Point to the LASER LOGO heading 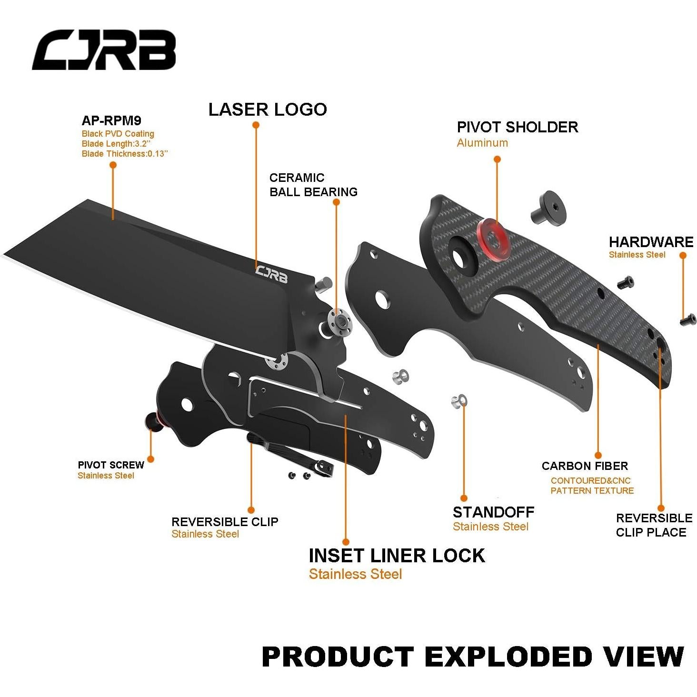coord(268,110)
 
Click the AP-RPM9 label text coord(111,120)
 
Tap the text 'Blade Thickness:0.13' coord(125,154)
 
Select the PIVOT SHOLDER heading coord(518,127)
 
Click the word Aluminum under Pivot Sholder coord(482,143)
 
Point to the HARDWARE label coord(651,242)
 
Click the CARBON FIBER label coord(585,466)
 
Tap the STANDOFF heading coord(493,512)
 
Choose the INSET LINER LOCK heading coord(397,556)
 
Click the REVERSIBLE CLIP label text coord(225,522)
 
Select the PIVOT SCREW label coord(111,465)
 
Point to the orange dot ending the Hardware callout coord(683,255)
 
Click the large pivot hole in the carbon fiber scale coord(460,256)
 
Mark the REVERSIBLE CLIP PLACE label coord(654,525)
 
